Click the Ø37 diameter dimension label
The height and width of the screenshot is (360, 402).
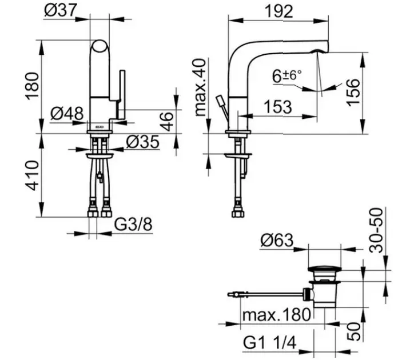point(61,10)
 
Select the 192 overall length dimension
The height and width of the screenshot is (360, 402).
point(278,11)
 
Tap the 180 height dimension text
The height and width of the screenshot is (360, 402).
point(32,86)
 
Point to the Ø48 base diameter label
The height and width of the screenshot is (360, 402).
point(67,113)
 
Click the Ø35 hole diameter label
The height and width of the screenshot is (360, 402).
point(142,142)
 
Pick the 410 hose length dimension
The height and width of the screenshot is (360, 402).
point(33,175)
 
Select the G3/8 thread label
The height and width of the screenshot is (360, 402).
point(133,224)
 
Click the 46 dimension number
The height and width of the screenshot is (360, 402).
point(167,121)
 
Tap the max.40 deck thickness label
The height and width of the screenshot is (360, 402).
point(201,87)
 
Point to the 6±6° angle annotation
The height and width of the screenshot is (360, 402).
point(287,76)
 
